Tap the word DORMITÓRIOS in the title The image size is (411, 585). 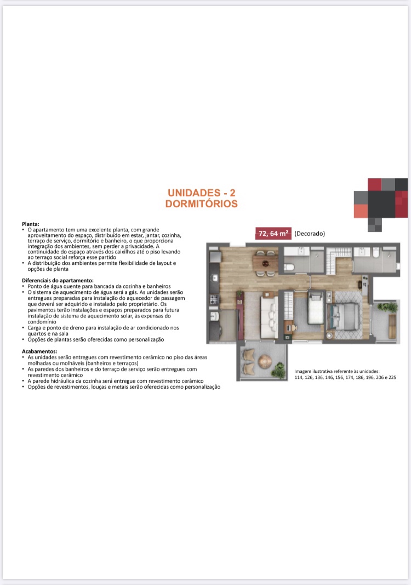click(202, 204)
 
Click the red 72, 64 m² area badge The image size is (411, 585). click(273, 234)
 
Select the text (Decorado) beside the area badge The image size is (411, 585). click(310, 234)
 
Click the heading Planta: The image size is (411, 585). click(31, 224)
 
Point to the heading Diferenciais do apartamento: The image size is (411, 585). click(58, 280)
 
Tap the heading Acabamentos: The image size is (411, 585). click(39, 351)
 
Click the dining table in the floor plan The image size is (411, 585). click(266, 263)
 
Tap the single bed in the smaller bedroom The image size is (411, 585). click(316, 308)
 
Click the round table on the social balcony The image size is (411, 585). click(265, 361)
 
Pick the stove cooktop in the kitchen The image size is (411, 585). click(214, 299)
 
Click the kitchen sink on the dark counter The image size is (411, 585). click(214, 277)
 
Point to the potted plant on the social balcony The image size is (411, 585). click(278, 370)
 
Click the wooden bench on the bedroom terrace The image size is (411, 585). click(392, 326)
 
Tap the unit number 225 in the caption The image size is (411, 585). click(392, 377)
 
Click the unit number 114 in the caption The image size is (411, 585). click(298, 377)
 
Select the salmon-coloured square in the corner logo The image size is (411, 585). click(361, 211)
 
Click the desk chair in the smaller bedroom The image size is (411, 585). click(294, 327)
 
